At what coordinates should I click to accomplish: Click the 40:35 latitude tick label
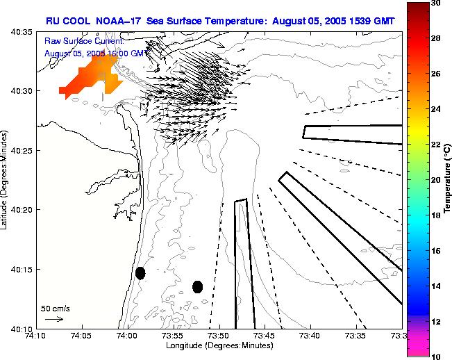click(x=23, y=33)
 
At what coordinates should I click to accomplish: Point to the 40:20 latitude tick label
click(x=23, y=210)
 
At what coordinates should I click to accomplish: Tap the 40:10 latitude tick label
click(x=23, y=329)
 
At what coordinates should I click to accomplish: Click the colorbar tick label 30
click(x=435, y=3)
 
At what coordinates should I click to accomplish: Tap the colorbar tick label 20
click(x=435, y=180)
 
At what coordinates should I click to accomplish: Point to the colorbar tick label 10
click(x=435, y=356)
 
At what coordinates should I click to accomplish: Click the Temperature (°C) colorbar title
click(x=448, y=179)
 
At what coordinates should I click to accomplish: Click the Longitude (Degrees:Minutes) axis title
click(x=217, y=346)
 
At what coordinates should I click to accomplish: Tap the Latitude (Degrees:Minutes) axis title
click(x=6, y=179)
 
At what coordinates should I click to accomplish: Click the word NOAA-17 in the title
click(x=115, y=21)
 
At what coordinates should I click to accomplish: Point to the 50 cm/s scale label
click(x=55, y=308)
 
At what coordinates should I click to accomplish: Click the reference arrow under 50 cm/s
click(x=54, y=320)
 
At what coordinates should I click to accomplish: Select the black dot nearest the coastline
click(x=140, y=273)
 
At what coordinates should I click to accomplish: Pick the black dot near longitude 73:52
click(x=198, y=286)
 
